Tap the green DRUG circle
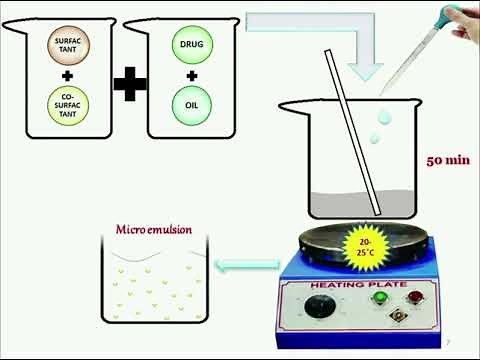coord(192,47)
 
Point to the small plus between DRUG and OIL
coord(192,75)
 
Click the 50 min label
coord(447,160)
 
